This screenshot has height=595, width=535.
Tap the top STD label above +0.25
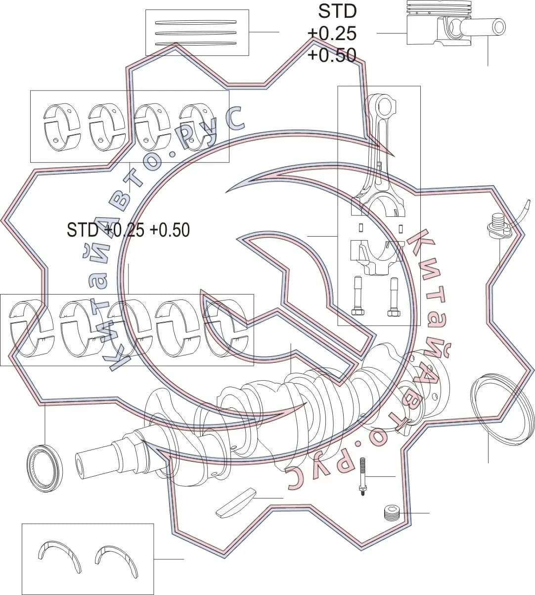coord(337,11)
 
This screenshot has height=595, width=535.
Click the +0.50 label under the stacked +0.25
coord(332,55)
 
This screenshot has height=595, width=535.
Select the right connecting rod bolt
coord(394,297)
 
